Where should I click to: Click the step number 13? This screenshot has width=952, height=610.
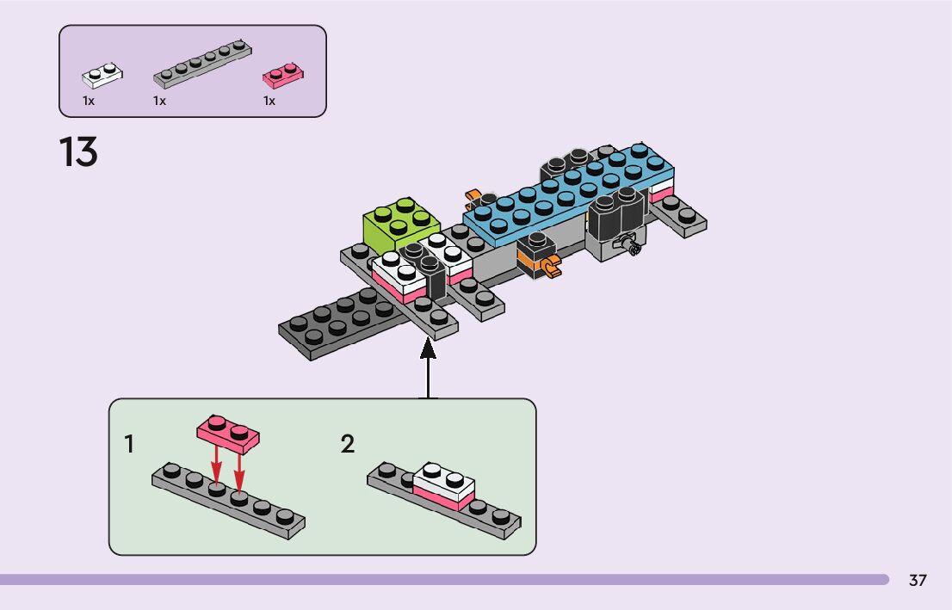click(x=78, y=153)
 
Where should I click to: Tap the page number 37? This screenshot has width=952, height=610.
click(x=918, y=581)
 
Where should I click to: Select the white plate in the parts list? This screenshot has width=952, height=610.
click(x=102, y=76)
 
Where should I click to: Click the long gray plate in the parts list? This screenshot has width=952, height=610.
click(x=204, y=64)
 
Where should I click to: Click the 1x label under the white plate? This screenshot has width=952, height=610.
click(x=89, y=101)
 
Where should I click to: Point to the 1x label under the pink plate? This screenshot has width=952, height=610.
click(x=269, y=101)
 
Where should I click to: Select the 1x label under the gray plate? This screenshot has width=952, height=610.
click(x=159, y=101)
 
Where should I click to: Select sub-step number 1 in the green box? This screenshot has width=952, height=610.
click(x=129, y=445)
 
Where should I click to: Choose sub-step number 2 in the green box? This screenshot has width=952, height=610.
click(x=347, y=445)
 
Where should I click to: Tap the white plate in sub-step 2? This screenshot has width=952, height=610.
click(x=444, y=480)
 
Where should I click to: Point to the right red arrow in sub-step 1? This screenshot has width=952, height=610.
click(x=239, y=473)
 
